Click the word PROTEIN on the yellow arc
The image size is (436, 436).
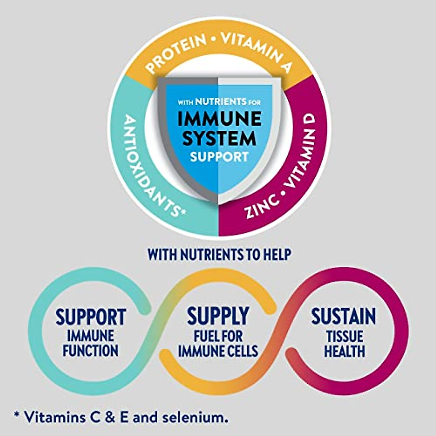tap(175, 53)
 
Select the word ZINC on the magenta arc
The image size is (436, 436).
tap(262, 205)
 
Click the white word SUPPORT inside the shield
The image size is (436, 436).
tap(219, 157)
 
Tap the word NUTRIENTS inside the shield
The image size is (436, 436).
tap(221, 101)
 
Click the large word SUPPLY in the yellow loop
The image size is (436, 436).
tap(218, 316)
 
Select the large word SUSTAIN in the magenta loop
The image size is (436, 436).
tap(343, 316)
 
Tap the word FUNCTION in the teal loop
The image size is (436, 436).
tap(90, 351)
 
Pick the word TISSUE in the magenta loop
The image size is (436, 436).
tap(344, 336)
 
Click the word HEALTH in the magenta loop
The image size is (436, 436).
tap(344, 351)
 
